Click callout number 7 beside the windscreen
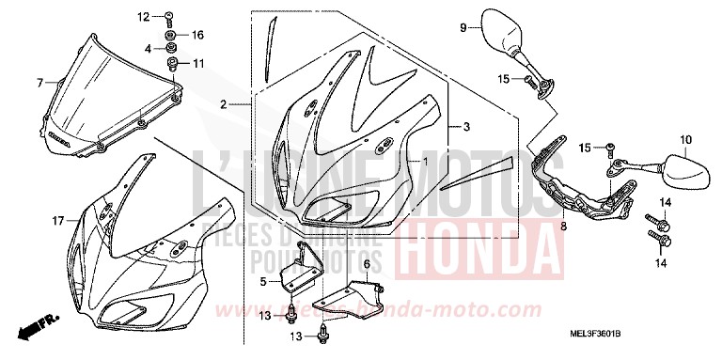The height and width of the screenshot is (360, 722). click(x=39, y=83)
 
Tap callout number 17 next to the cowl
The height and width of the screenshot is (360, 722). click(x=58, y=221)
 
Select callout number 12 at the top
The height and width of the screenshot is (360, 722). click(x=145, y=17)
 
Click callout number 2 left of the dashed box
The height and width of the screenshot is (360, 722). click(x=224, y=103)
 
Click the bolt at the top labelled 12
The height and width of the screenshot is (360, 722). click(x=166, y=17)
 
